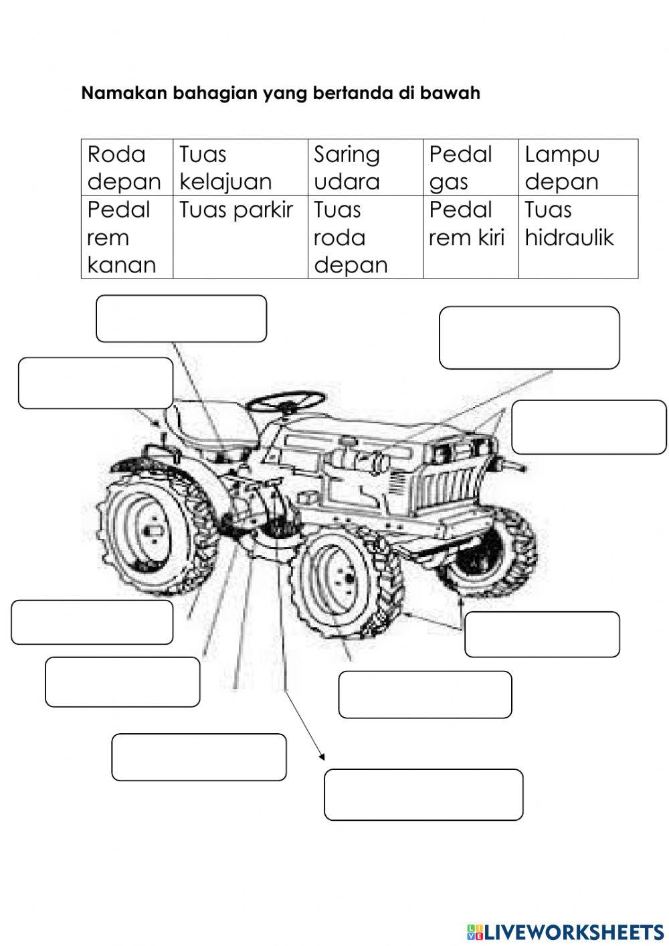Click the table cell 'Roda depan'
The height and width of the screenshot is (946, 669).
point(124,167)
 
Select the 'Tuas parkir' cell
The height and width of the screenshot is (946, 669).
point(235,210)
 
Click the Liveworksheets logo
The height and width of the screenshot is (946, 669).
point(565,931)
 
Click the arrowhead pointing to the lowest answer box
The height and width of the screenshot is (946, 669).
point(322,757)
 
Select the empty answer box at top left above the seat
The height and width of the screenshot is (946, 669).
point(181,319)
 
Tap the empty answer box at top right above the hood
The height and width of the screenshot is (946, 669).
point(529,337)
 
